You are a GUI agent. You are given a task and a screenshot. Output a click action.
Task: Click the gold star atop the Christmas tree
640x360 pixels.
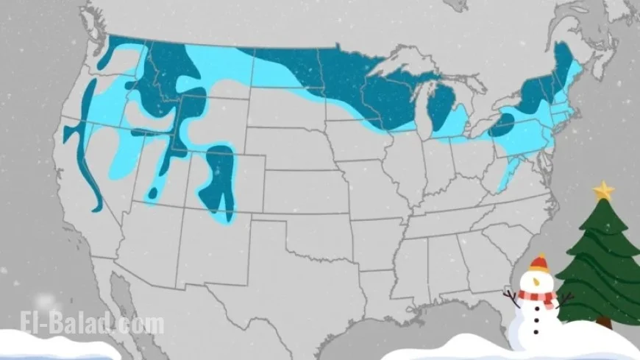click(x=603, y=190)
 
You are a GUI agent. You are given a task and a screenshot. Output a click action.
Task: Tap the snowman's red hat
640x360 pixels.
click(x=540, y=263)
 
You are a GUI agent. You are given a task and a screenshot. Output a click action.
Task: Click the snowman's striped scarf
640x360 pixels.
click(x=536, y=296)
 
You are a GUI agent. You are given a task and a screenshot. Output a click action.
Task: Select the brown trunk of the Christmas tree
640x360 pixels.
click(x=604, y=322)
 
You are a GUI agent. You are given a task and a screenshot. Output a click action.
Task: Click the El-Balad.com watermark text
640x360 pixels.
click(x=93, y=324)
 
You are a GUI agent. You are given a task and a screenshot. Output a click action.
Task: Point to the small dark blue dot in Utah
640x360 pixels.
click(x=153, y=193)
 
